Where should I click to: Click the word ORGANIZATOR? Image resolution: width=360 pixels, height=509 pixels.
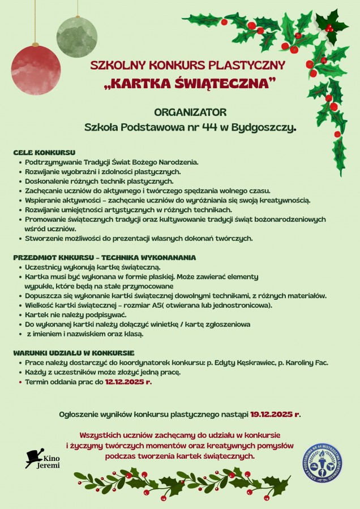click(190, 112)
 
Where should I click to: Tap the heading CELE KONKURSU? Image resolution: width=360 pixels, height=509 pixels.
click(44, 153)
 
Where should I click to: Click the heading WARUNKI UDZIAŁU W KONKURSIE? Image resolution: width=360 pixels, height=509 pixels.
click(74, 352)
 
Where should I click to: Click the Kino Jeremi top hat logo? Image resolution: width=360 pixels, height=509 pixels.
click(35, 457)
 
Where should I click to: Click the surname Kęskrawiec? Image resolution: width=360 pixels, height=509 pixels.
click(252, 363)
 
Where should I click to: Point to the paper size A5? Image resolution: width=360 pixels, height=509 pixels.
click(186, 305)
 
